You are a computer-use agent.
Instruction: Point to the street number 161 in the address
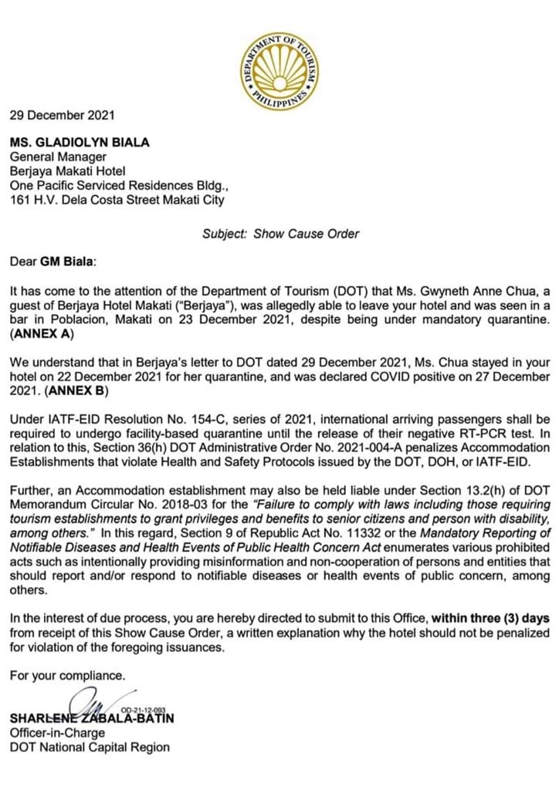tap(19, 200)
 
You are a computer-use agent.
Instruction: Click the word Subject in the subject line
tap(224, 233)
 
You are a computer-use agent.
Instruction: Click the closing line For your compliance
tap(67, 675)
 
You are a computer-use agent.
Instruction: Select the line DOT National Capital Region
tap(90, 747)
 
